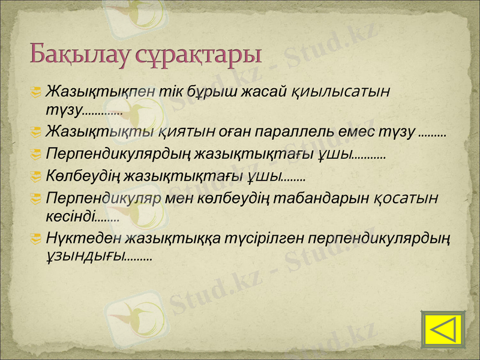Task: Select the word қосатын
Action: (406, 198)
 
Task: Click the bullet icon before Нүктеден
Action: (37, 238)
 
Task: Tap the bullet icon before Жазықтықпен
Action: (37, 92)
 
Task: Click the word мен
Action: (183, 198)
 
